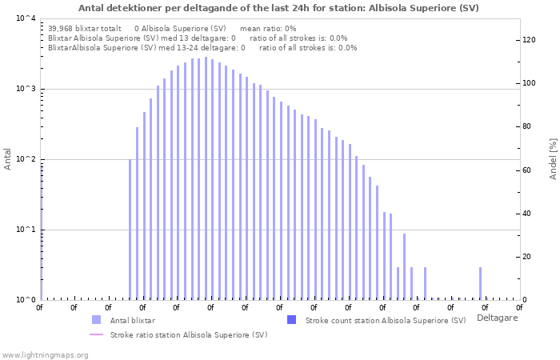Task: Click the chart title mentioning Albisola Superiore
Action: pos(279,7)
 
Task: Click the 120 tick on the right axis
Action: pos(529,40)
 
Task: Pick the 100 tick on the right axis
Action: pos(529,83)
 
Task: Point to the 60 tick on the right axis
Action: pos(527,170)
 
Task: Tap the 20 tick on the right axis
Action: pos(527,257)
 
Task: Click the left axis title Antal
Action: pos(8,159)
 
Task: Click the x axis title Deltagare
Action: pos(497,318)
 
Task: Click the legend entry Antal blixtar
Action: pos(134,320)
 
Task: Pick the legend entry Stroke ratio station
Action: pos(189,334)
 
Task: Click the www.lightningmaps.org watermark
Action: pos(45,354)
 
